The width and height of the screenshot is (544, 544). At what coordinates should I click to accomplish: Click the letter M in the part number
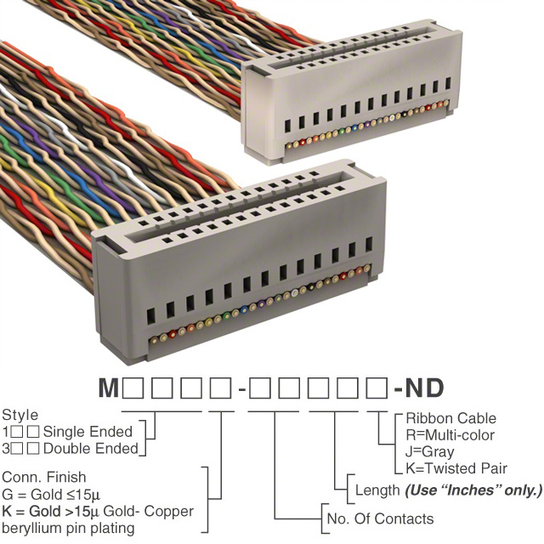108,389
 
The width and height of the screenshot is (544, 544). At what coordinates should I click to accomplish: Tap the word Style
20,416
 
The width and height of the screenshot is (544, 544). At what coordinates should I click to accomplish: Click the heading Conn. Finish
44,478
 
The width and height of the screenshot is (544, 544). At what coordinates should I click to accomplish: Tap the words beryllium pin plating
68,529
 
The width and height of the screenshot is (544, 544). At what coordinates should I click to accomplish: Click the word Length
377,490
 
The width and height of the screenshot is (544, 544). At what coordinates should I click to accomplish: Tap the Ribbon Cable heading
450,418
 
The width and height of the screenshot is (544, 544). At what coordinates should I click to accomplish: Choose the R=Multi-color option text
450,435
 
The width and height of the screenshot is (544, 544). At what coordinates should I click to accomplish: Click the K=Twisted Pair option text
456,468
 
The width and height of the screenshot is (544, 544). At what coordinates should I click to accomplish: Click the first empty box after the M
133,389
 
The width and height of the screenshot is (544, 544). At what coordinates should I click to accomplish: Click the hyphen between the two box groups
242,390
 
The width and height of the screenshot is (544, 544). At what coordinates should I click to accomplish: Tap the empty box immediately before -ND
376,389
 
